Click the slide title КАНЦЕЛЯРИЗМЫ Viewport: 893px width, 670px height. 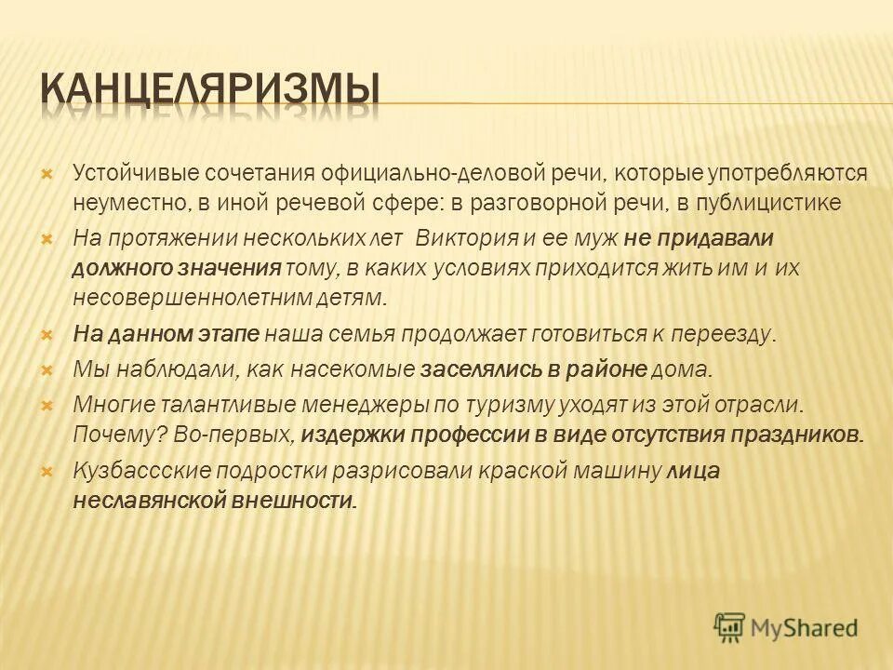(211, 90)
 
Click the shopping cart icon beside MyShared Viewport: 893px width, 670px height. (730, 626)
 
